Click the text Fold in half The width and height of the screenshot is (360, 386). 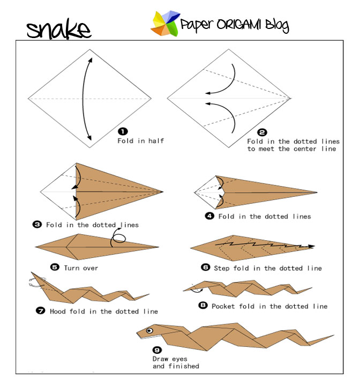pos(141,141)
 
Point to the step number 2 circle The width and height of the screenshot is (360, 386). pos(262,132)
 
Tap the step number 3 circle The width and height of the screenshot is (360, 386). pos(37,225)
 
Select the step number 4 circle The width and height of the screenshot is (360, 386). pos(209,216)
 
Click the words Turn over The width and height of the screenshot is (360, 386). pos(81,268)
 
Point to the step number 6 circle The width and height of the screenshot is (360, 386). pos(205,268)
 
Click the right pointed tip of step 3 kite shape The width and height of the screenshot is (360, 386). pos(163,191)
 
